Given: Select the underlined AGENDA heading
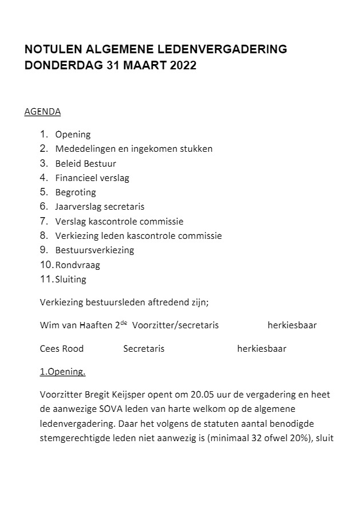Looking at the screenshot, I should [x=42, y=112].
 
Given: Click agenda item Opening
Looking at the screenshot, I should [x=73, y=135].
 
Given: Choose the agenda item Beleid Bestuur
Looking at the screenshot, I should [x=85, y=163].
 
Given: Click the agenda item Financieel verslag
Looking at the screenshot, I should [x=92, y=178].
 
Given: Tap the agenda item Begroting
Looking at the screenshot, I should [x=76, y=192].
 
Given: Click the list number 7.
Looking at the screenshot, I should [x=43, y=221].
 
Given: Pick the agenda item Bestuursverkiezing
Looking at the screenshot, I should [x=94, y=250].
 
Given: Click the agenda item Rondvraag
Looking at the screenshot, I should [x=78, y=265].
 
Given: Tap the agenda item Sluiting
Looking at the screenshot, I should [x=71, y=280].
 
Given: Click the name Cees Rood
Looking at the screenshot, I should [x=62, y=348].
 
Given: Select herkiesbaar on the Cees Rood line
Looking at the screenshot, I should [x=262, y=348].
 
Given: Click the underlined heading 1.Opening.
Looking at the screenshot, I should [x=62, y=372].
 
